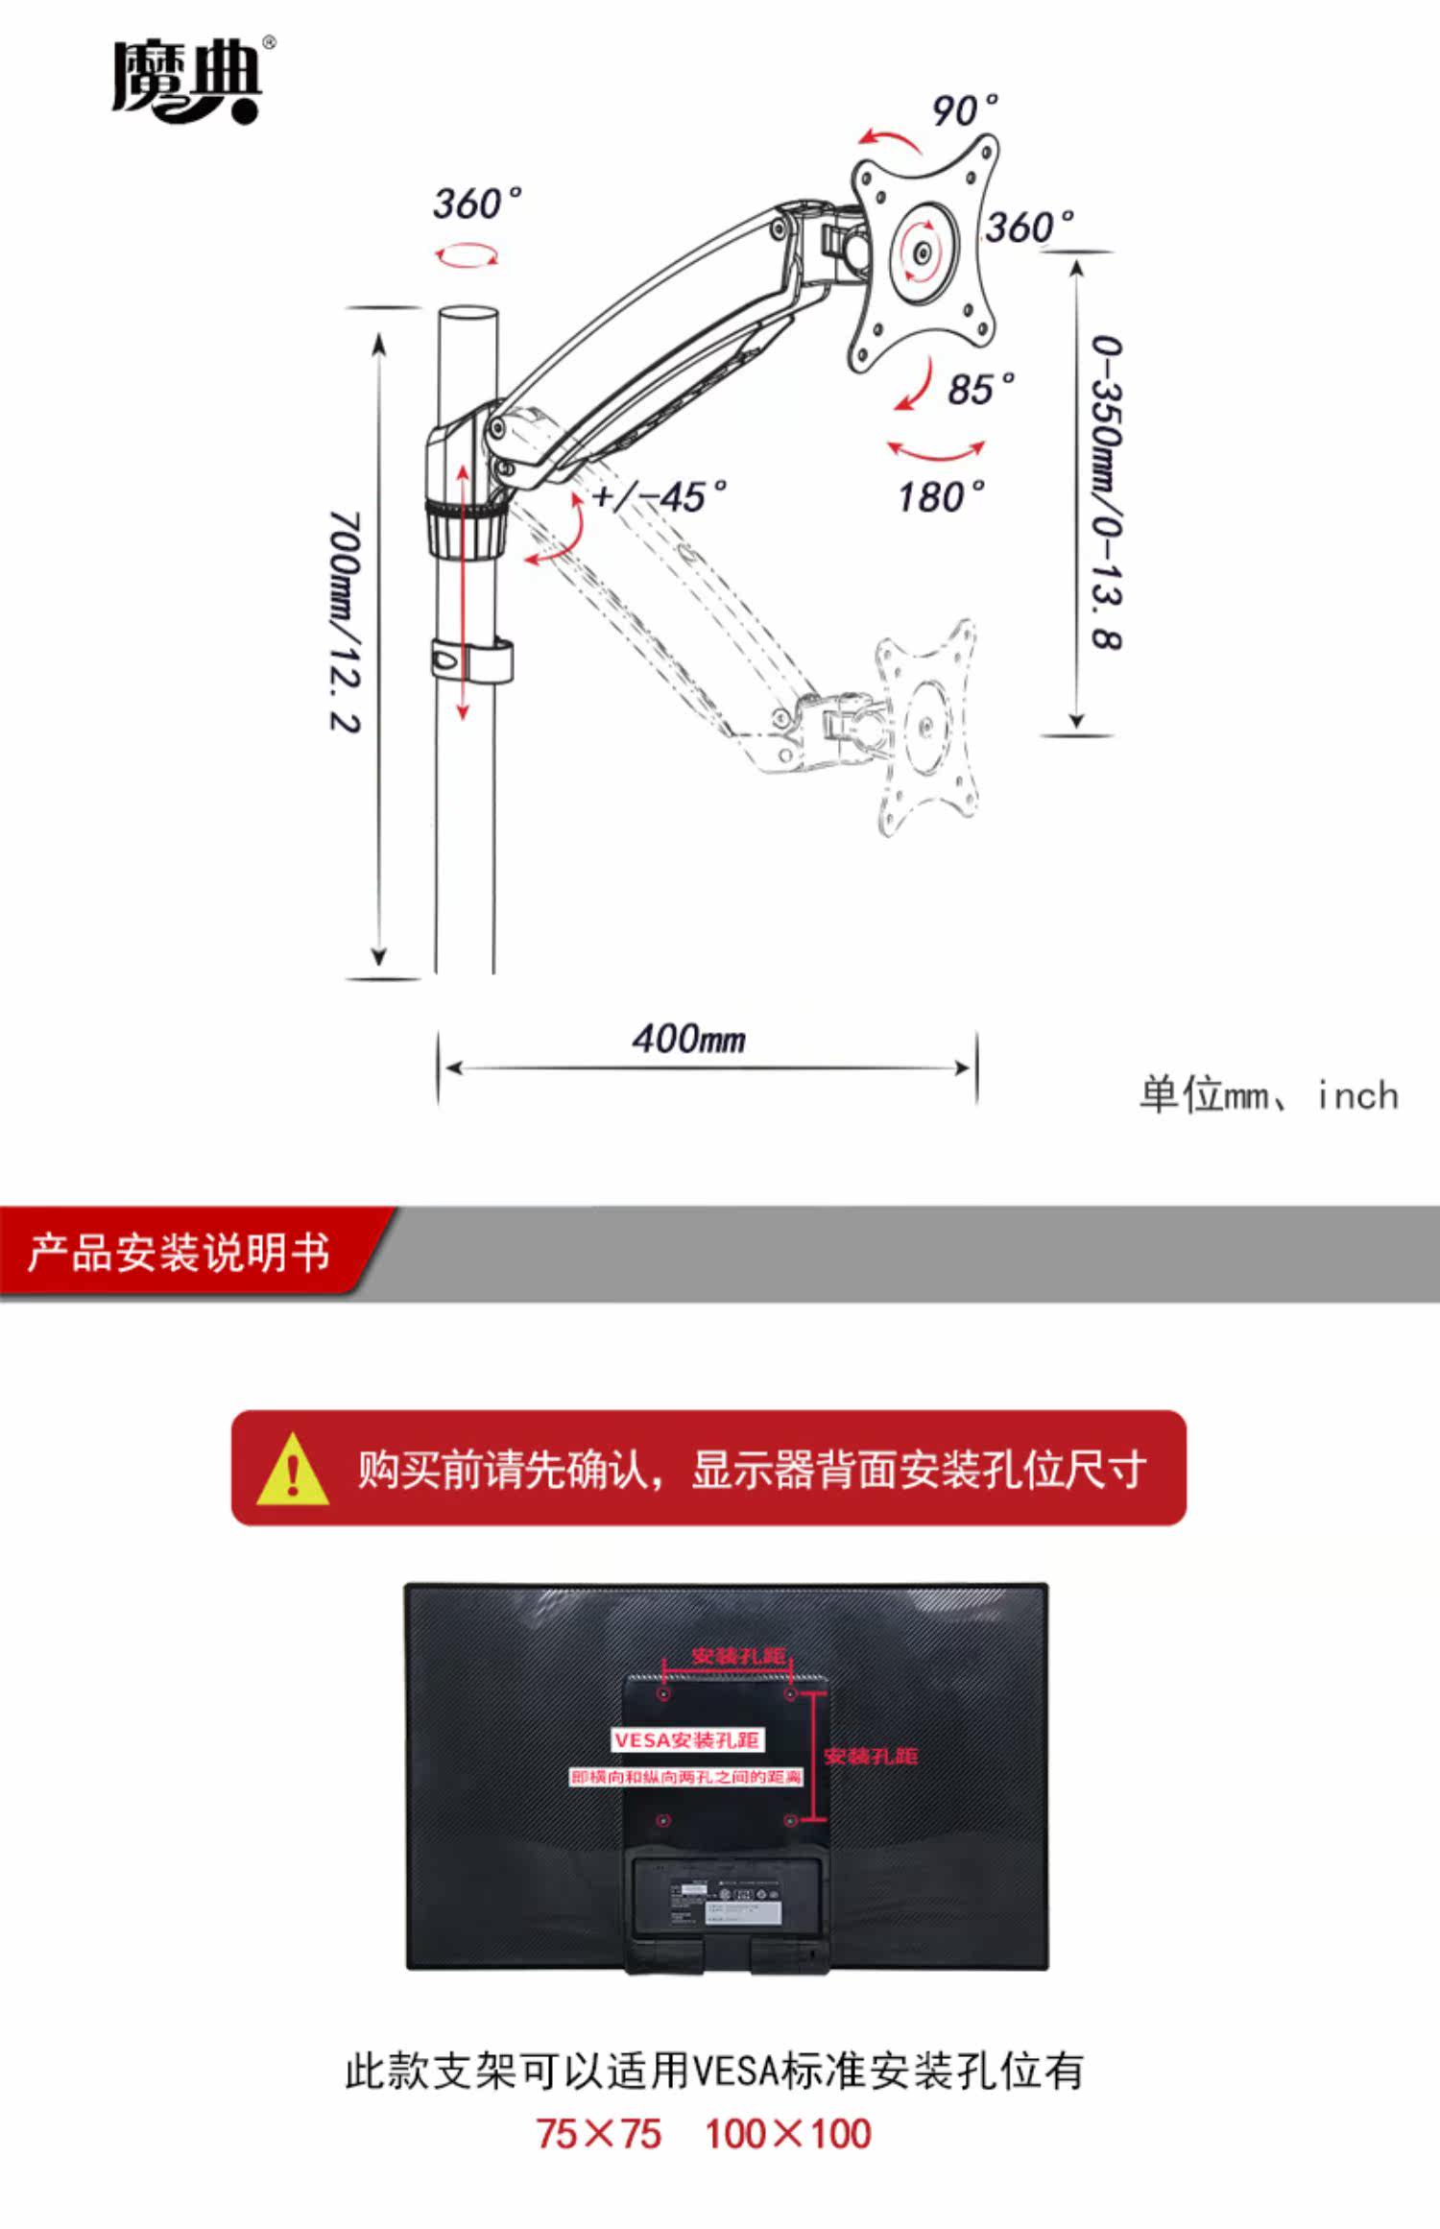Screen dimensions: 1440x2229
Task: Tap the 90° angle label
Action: click(x=963, y=111)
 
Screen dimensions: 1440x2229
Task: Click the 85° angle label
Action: click(x=979, y=389)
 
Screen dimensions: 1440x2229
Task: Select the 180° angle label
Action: click(x=941, y=496)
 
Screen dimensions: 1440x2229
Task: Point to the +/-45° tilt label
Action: click(x=660, y=496)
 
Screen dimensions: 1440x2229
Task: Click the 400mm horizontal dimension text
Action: click(x=688, y=1039)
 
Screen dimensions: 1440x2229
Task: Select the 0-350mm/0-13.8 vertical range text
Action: click(x=1107, y=491)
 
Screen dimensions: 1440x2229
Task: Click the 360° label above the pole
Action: click(x=476, y=204)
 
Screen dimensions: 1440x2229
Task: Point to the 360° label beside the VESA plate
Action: click(x=1028, y=228)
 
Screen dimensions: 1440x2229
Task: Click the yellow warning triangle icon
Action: click(x=293, y=1470)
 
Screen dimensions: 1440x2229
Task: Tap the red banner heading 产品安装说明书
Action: click(x=179, y=1254)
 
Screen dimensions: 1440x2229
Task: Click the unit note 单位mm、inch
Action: click(x=1268, y=1095)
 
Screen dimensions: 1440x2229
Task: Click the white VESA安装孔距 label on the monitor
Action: click(x=687, y=1740)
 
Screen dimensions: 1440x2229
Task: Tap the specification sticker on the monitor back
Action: click(x=725, y=1900)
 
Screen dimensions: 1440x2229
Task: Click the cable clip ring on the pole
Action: click(x=470, y=660)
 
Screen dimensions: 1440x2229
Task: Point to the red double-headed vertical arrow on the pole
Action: click(x=463, y=591)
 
